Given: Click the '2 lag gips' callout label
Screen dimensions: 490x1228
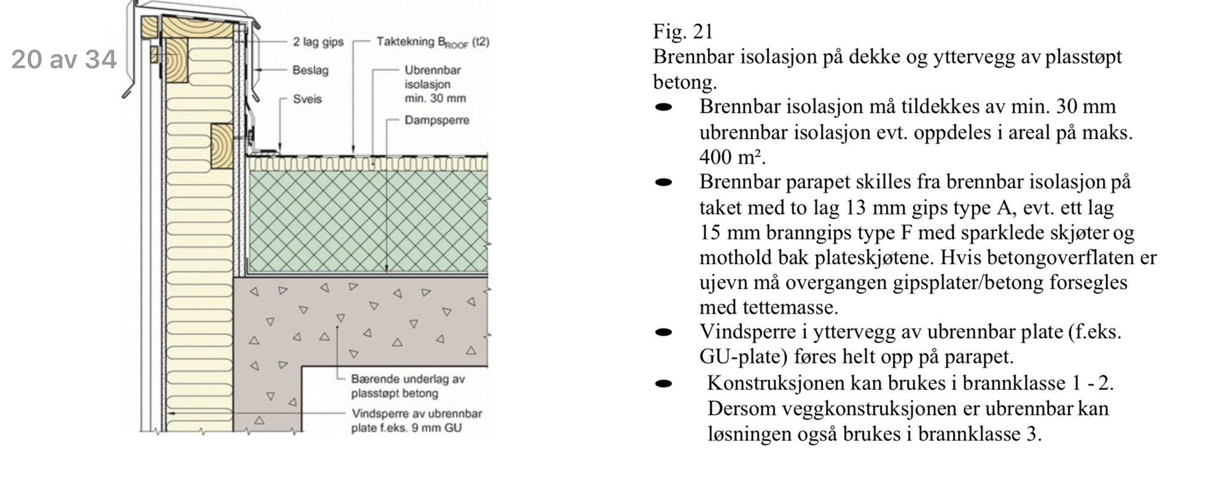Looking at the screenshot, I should tap(318, 42).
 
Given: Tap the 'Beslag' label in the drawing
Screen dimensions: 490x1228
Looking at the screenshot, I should tap(310, 70).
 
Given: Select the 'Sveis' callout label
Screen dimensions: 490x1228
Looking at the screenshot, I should tap(307, 99).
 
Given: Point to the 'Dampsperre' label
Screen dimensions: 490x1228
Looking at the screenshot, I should tap(437, 120).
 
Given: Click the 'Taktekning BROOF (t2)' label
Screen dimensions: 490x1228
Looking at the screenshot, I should tap(433, 42).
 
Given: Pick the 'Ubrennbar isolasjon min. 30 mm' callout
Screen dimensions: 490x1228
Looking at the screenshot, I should tap(435, 84).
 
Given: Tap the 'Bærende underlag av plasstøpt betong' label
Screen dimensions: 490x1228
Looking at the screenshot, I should tap(408, 386).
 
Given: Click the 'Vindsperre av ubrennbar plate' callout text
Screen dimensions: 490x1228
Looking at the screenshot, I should tap(416, 421).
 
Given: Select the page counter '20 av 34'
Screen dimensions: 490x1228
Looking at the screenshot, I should tap(64, 60).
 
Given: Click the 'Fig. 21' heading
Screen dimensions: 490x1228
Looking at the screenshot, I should tap(683, 31).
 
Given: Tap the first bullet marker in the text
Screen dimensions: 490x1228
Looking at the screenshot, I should tap(663, 107).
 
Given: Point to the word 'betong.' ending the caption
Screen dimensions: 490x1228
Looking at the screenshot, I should tap(685, 82).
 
